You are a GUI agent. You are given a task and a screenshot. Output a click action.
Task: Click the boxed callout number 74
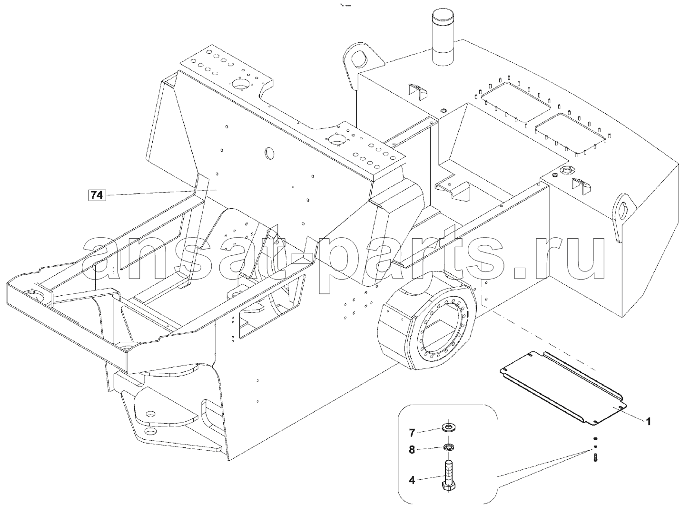click(97, 195)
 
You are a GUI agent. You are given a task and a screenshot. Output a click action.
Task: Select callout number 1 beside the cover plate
click(648, 422)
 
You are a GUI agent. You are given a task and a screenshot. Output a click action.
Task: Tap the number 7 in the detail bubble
click(412, 433)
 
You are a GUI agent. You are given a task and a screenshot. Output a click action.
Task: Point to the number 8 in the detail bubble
click(412, 450)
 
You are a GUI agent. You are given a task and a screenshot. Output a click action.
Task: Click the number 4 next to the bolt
click(412, 480)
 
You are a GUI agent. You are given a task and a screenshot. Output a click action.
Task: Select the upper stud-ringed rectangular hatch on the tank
click(515, 102)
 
